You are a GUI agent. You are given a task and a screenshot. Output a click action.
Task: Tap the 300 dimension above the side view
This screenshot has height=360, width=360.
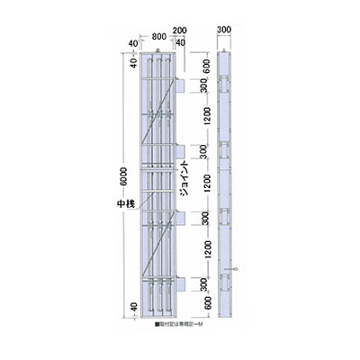click(x=225, y=30)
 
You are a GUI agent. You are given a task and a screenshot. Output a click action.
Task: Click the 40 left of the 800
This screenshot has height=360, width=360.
click(x=132, y=41)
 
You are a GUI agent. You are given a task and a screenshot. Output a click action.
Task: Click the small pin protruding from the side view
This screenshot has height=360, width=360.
click(x=236, y=269)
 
